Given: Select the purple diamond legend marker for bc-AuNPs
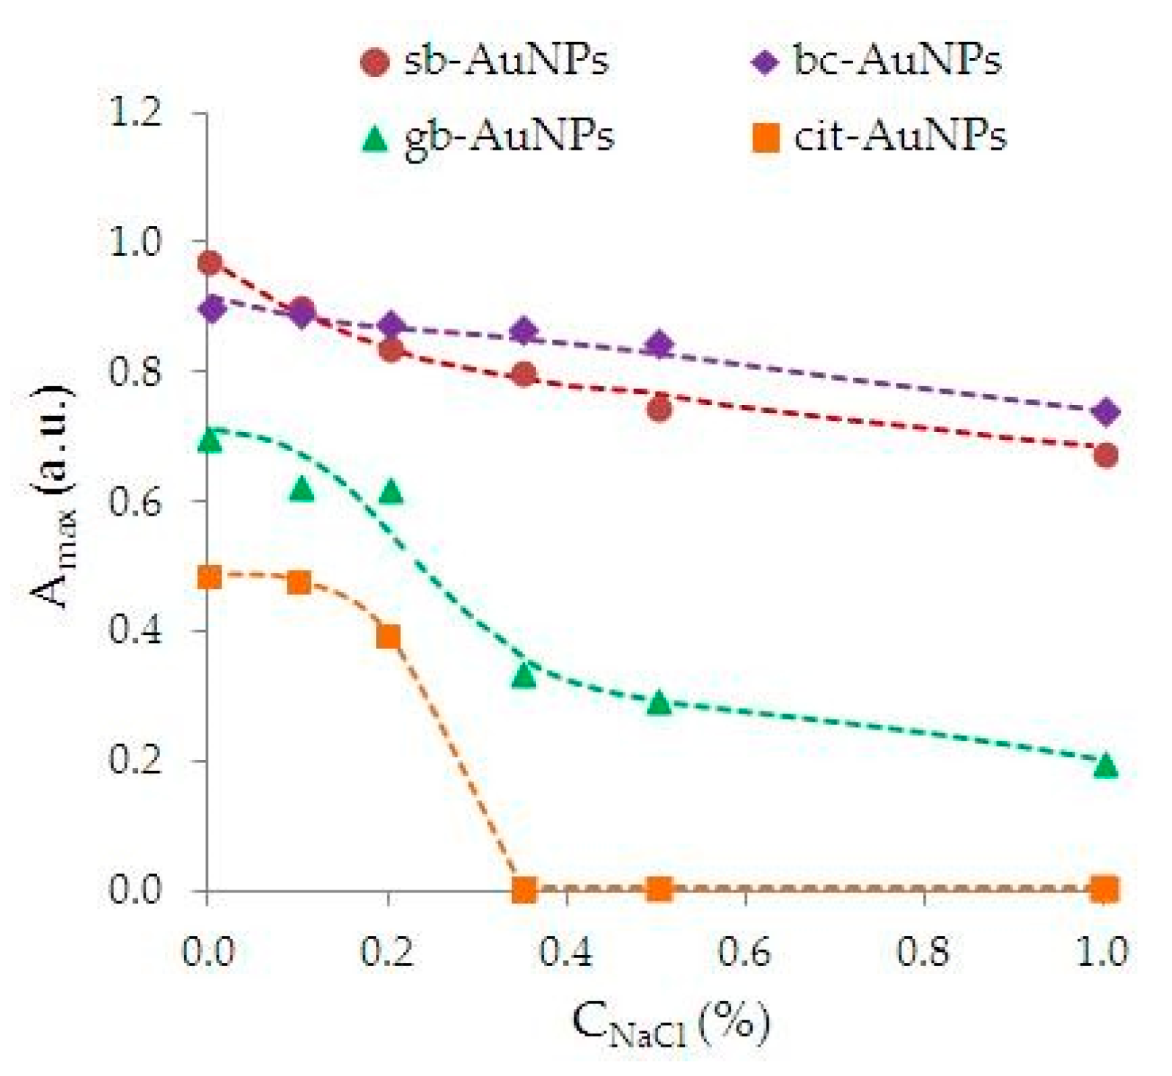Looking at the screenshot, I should tap(764, 62).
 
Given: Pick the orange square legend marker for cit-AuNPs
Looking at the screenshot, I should tap(766, 137).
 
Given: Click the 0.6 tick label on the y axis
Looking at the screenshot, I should tap(135, 501).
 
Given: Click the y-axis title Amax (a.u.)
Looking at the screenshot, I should tap(53, 497).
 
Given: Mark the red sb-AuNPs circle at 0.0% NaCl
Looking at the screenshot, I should tap(210, 263).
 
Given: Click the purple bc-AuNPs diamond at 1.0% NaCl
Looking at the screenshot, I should tap(1105, 412).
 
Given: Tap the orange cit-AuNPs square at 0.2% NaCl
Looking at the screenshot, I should tap(389, 636).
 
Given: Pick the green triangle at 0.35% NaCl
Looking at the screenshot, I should tap(524, 675).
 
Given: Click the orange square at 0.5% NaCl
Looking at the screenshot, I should tap(659, 890).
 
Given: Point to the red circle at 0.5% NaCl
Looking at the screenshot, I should tap(659, 408).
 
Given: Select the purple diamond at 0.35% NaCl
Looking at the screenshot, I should tap(523, 332).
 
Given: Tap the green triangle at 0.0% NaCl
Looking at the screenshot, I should tap(210, 441).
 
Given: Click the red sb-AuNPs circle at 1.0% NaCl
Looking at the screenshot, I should tap(1105, 455).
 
